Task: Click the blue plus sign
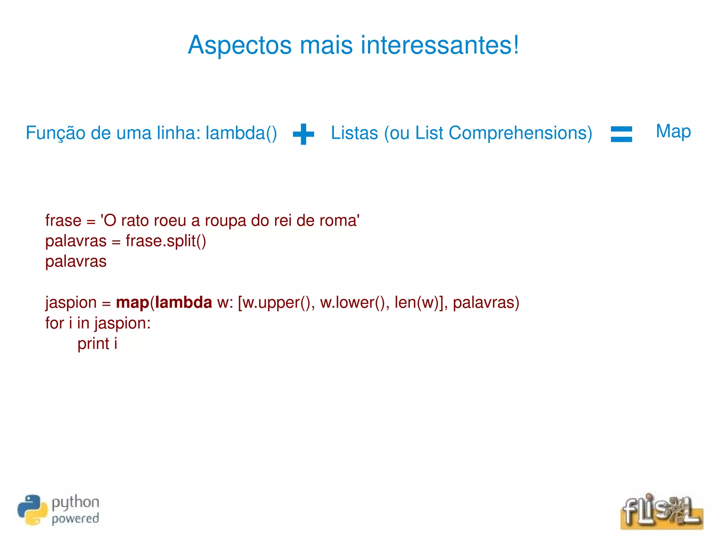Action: point(303,134)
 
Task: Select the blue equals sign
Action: point(621,134)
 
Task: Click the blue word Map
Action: point(673,131)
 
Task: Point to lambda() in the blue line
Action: point(241,133)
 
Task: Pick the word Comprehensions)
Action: point(520,133)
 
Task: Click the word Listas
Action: point(354,133)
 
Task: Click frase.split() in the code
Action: point(166,241)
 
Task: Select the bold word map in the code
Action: point(133,303)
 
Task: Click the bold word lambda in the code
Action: point(183,303)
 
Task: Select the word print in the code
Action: point(93,344)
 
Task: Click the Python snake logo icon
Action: point(32,510)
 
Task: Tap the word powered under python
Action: point(75,519)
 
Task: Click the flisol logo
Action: point(661,511)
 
